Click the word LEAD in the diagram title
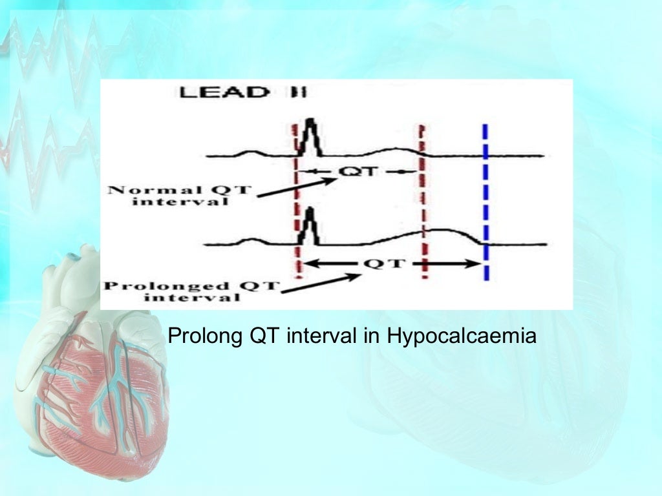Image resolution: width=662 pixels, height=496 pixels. point(224,92)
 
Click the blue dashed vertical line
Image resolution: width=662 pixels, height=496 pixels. point(486,200)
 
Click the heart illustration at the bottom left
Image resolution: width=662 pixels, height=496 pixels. point(91,375)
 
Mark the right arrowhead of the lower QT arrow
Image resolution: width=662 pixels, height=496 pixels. point(475,263)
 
